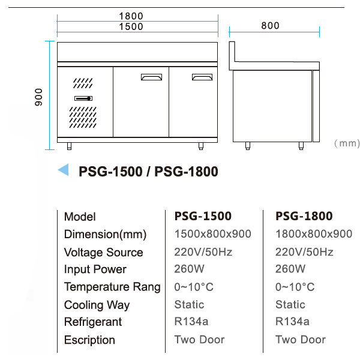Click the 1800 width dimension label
click(131, 16)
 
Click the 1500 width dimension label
click(131, 26)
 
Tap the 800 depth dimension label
click(270, 25)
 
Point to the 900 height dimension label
click(38, 97)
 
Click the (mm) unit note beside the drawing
click(347, 143)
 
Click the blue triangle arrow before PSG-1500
click(63, 170)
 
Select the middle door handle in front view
click(152, 77)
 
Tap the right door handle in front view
click(202, 77)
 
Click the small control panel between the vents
click(83, 98)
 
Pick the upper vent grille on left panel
click(83, 83)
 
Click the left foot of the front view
click(70, 146)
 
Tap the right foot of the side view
click(301, 146)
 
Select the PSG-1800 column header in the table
click(304, 216)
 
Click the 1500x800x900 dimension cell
click(212, 234)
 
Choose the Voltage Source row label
click(104, 253)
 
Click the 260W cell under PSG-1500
click(189, 269)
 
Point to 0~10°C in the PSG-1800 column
click(295, 287)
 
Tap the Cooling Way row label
click(97, 305)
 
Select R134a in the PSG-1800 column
click(292, 322)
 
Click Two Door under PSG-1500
click(199, 340)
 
